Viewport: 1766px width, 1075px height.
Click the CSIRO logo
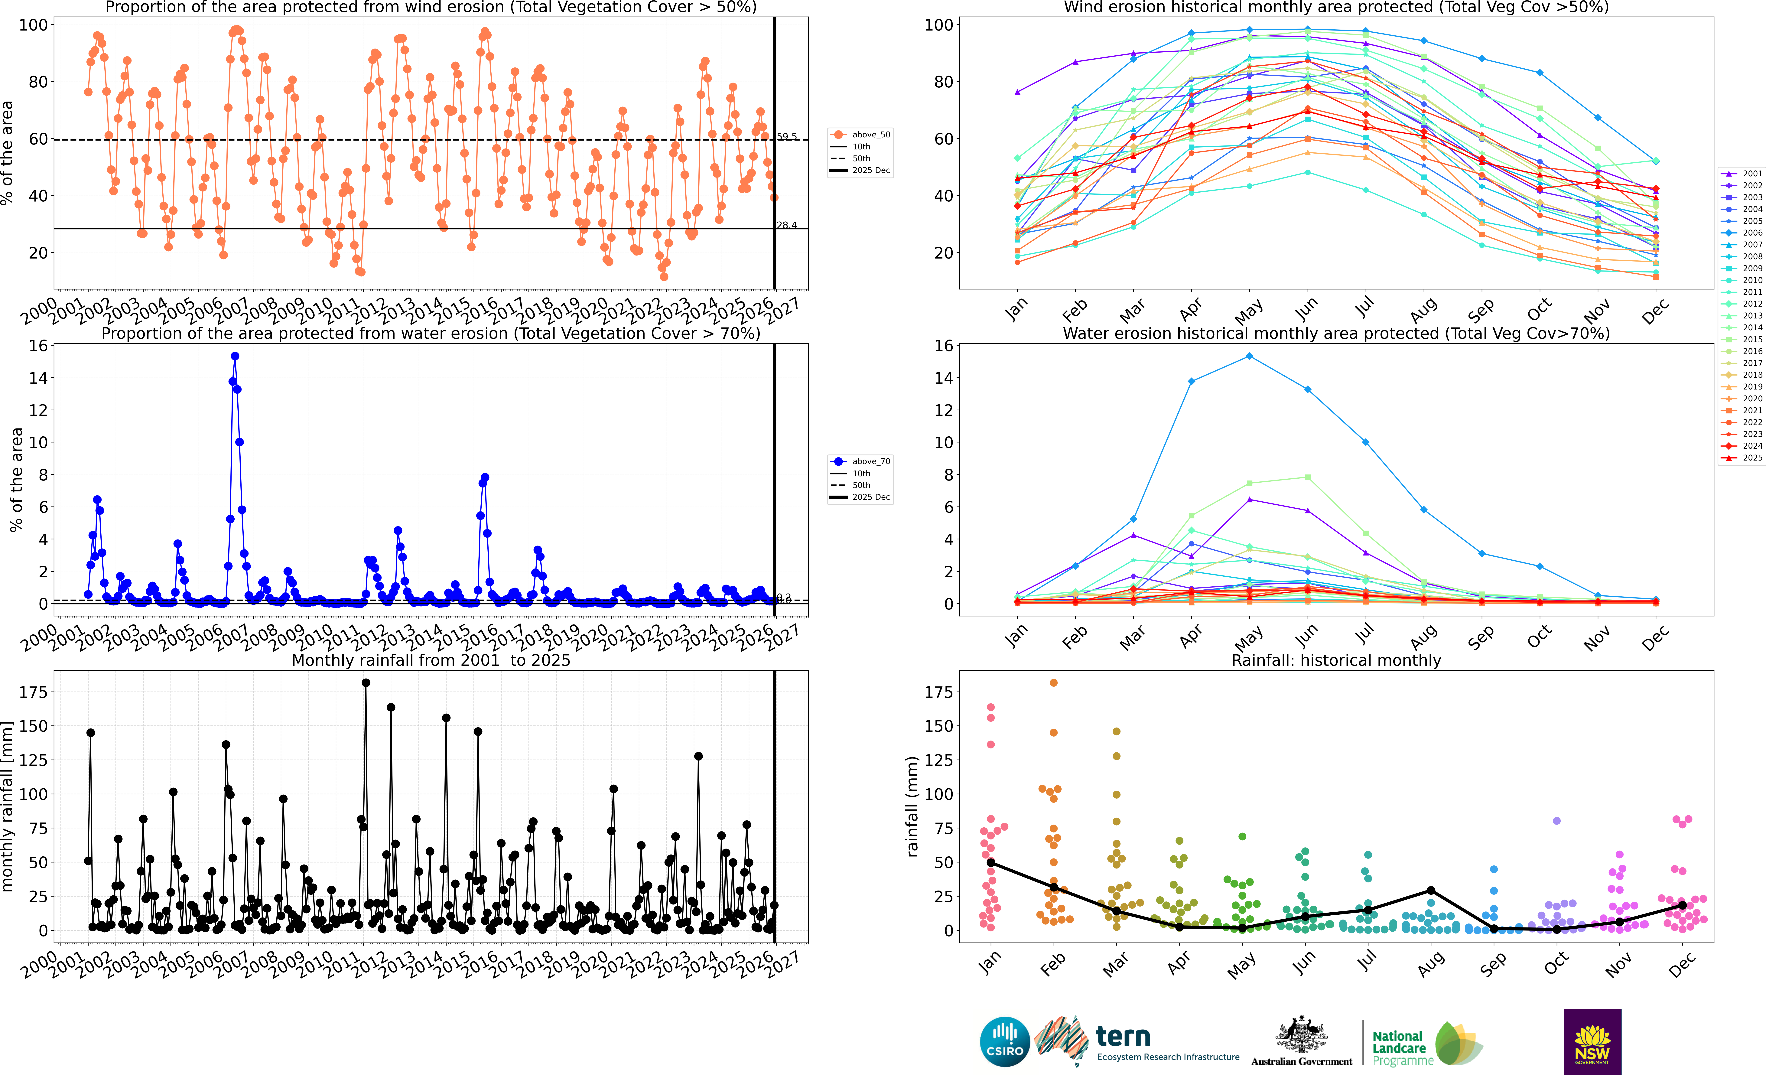(x=1005, y=1041)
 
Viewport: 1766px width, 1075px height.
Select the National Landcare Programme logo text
(x=1399, y=1048)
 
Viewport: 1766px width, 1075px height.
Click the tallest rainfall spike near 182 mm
(x=366, y=683)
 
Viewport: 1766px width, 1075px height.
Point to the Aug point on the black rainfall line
(x=1431, y=890)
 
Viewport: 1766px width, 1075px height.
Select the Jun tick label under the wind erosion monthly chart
(x=1306, y=308)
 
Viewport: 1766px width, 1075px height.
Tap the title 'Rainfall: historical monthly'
(x=1336, y=660)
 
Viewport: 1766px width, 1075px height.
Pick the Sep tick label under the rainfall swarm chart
(x=1493, y=964)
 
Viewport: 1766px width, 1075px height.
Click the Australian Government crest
(x=1301, y=1034)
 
